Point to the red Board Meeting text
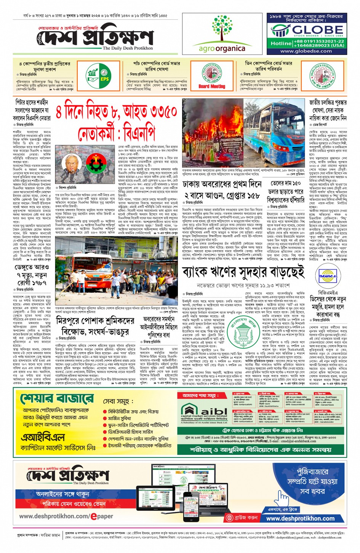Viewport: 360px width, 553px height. coord(212,86)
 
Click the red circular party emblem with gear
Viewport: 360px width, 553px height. coord(96,163)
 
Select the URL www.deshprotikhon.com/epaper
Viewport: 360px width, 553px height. coord(66,516)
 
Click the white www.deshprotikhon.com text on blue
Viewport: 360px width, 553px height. coord(300,518)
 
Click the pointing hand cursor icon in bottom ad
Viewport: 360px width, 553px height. coord(283,497)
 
